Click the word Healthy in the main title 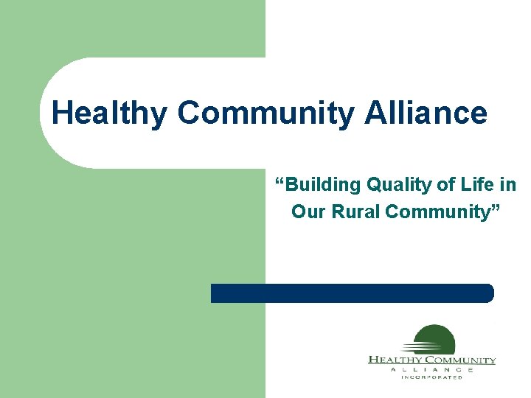coord(110,114)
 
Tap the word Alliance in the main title coord(425,114)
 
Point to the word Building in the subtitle coord(319,184)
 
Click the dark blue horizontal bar coord(351,293)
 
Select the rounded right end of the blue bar coord(487,293)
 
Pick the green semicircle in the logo coord(435,338)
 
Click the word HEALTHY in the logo coord(394,360)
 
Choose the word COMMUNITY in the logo coord(459,360)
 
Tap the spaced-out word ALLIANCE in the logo coord(431,369)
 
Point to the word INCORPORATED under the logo coord(431,377)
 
